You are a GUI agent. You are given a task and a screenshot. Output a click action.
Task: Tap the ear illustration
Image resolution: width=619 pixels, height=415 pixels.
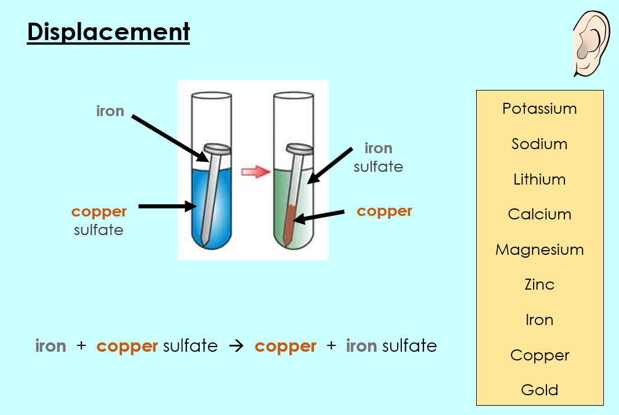[x=591, y=44]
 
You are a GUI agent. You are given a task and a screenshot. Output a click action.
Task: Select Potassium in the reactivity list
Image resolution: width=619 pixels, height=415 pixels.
[x=539, y=109]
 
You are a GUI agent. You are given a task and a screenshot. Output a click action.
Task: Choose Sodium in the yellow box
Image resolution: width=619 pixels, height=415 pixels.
[x=539, y=144]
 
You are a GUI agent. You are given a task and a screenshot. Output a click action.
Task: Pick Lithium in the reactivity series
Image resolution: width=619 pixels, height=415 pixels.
[x=539, y=179]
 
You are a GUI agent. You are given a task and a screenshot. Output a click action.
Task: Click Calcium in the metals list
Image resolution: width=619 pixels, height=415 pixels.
[x=539, y=214]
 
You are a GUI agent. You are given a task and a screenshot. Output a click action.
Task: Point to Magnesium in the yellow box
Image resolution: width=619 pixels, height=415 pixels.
[x=539, y=250]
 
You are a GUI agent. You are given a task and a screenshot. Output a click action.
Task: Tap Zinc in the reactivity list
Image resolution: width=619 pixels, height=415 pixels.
[x=539, y=284]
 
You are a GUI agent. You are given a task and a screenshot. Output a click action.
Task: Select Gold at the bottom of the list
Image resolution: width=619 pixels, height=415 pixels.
[x=539, y=390]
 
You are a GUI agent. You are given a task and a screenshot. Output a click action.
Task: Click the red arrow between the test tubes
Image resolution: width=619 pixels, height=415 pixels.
[x=256, y=172]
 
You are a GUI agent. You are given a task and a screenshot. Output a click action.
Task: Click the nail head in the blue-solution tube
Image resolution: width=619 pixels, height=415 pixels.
[x=217, y=149]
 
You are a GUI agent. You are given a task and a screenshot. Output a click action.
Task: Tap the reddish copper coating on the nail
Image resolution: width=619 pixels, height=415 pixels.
[x=290, y=224]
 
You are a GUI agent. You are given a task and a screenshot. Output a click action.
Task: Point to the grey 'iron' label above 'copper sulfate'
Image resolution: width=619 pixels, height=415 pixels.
[x=110, y=111]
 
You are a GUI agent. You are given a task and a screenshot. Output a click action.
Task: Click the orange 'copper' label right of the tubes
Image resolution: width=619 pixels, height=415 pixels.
[x=384, y=212]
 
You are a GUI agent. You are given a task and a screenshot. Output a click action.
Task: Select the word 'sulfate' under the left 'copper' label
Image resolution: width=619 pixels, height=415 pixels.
[x=99, y=230]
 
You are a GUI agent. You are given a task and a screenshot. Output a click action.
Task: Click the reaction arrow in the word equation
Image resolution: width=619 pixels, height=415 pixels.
[x=236, y=347]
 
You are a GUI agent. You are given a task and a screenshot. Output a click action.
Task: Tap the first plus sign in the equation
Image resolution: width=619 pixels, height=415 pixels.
[x=81, y=345]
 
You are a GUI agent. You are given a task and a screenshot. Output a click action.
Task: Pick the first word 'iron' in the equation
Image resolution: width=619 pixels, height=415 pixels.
[x=51, y=346]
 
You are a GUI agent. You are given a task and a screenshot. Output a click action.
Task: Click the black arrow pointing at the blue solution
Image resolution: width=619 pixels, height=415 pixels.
[x=167, y=206]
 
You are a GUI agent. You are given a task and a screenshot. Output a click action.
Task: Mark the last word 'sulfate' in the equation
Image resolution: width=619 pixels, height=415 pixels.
[x=409, y=346]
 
